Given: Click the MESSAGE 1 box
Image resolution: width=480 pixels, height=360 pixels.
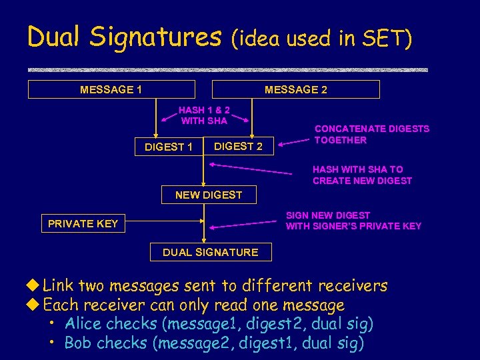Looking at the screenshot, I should [x=111, y=89].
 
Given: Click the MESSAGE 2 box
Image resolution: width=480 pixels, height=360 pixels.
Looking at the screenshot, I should [x=295, y=89].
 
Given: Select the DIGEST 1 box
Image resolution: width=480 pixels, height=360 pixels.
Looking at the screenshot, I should [x=168, y=147].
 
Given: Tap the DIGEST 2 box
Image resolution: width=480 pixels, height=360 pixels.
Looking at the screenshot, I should [x=238, y=147].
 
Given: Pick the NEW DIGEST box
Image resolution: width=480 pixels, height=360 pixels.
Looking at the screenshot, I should [x=208, y=195].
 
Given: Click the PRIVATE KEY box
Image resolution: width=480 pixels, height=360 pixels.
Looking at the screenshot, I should [x=83, y=224].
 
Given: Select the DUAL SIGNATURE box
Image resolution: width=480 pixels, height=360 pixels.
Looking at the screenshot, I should [x=210, y=252].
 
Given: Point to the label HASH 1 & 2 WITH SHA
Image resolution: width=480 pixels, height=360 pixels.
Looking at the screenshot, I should [x=204, y=115].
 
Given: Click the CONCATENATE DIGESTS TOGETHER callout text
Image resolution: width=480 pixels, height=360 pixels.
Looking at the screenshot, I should [x=371, y=134].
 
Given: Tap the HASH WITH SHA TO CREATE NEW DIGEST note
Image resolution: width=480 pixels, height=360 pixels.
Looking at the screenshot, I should [x=362, y=175].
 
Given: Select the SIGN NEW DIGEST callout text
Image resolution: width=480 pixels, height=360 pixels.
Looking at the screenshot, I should [x=353, y=221].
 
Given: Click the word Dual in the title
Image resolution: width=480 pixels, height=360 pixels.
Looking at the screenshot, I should [x=54, y=37].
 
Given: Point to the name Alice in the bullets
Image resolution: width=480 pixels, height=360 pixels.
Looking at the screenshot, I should [x=84, y=325].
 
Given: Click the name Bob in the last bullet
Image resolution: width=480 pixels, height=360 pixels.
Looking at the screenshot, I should [x=79, y=343].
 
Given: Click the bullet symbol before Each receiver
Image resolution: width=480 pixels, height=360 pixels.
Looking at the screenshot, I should [x=34, y=305].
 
